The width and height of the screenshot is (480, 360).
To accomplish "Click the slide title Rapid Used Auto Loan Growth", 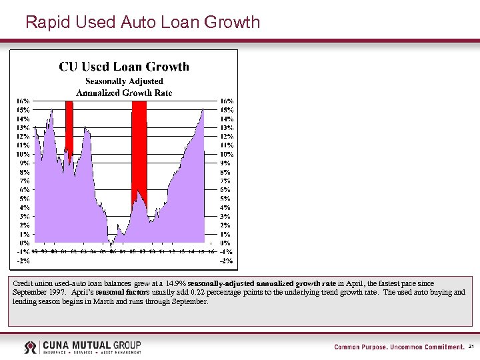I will click(x=142, y=22).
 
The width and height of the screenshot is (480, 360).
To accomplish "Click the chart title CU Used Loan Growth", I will click(x=124, y=67).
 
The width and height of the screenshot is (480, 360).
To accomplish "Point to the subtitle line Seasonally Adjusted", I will click(x=124, y=81).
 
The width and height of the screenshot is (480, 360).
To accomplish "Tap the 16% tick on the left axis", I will click(x=23, y=101).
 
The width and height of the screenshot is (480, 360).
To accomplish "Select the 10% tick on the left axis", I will click(x=23, y=154).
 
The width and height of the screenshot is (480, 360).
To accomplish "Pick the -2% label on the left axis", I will click(x=24, y=261).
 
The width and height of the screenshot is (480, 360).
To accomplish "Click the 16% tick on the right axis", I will click(x=226, y=101).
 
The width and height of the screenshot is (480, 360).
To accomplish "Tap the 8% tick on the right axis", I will click(x=226, y=172).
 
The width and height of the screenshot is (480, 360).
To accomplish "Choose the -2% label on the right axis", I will click(x=227, y=261).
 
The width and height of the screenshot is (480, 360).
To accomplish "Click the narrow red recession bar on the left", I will click(x=69, y=127).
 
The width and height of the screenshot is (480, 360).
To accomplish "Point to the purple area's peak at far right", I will click(x=203, y=109).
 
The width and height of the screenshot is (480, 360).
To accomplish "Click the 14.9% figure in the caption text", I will click(x=175, y=283).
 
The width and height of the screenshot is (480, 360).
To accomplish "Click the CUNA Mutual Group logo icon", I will click(x=31, y=347).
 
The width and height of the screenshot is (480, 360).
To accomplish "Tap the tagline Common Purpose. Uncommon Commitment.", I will click(x=399, y=347).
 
